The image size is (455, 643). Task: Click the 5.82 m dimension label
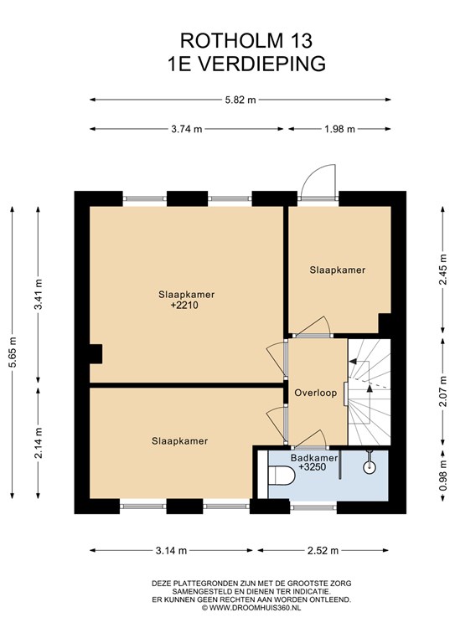(x=240, y=100)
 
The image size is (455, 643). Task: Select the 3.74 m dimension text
(x=187, y=129)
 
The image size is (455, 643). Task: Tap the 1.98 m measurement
(x=339, y=129)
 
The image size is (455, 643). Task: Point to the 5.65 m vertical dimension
(x=13, y=352)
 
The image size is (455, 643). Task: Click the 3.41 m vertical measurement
(x=39, y=294)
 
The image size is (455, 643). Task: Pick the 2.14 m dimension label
(x=39, y=443)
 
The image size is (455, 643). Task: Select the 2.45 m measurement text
(x=442, y=270)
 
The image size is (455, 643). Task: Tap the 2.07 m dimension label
(x=442, y=391)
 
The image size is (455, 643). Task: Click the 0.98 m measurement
(x=442, y=476)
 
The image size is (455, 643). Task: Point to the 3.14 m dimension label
(x=171, y=551)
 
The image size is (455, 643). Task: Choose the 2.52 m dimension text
(x=323, y=551)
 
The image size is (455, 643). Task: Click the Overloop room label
(x=316, y=393)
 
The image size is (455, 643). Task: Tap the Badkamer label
(x=314, y=458)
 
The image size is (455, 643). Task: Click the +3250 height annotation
(x=313, y=467)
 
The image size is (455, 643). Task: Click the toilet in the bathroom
(x=282, y=476)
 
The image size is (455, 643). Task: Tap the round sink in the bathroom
(x=370, y=466)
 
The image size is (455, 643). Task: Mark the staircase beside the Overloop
(x=370, y=392)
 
